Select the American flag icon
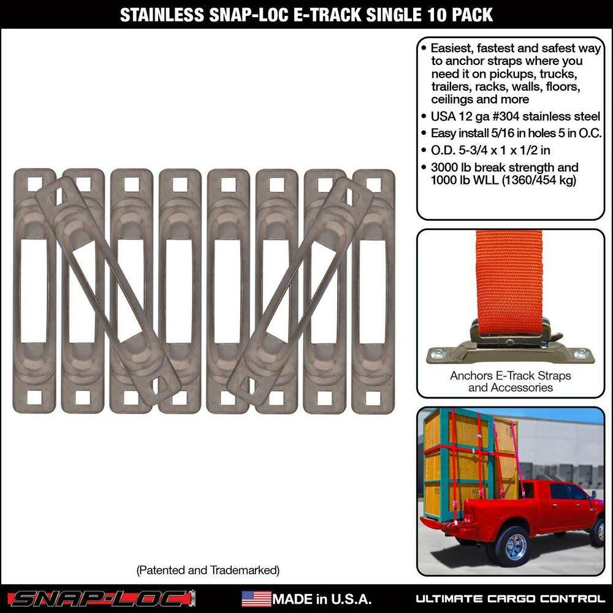point(256,598)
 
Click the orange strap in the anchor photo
point(509,276)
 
